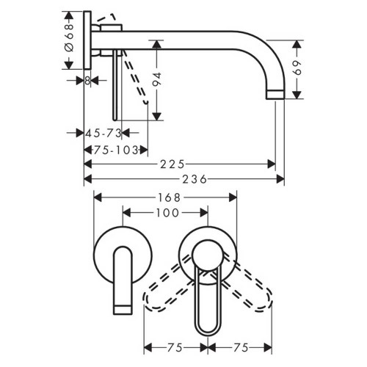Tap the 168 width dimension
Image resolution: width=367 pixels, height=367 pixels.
(x=165, y=197)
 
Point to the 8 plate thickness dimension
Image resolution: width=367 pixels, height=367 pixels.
(x=87, y=81)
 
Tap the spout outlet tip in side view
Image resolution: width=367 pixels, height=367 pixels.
(x=274, y=94)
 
